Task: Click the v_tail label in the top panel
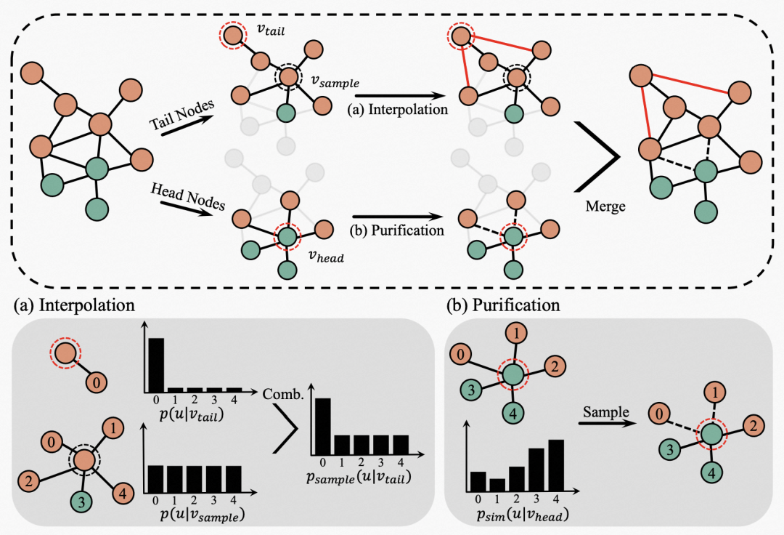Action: click(x=271, y=30)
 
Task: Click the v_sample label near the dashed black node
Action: click(x=335, y=81)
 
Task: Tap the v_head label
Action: click(x=326, y=257)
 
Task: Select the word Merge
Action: click(x=605, y=206)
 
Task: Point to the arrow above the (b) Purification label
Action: click(x=398, y=217)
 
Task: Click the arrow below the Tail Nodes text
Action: click(x=186, y=126)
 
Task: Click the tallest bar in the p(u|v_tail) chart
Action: click(x=156, y=365)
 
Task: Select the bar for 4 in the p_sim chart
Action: click(x=556, y=465)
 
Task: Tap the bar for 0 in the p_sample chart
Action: click(x=322, y=426)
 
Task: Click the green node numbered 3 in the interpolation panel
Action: click(x=81, y=500)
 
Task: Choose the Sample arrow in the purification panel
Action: click(x=608, y=424)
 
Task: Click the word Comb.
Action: click(x=283, y=394)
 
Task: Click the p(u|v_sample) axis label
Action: click(x=202, y=515)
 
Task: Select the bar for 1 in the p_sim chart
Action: click(x=497, y=485)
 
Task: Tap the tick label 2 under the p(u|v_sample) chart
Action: click(x=194, y=500)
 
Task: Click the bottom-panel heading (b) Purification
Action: click(x=503, y=305)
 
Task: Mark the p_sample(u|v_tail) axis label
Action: click(x=359, y=477)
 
